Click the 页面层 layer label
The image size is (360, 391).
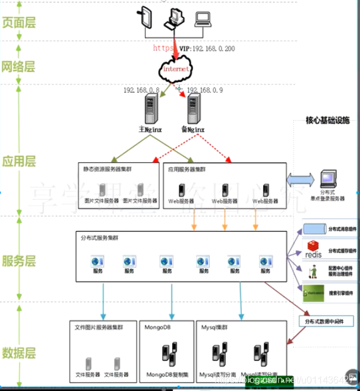pos(19,22)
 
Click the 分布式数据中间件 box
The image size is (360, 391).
pos(324,321)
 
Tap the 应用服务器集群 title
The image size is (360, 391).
pos(187,169)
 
